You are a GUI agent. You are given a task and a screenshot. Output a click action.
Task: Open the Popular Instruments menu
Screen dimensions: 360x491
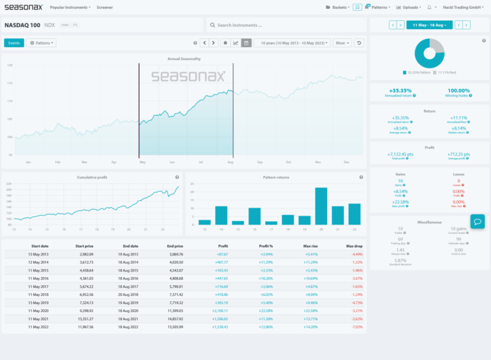[x=69, y=7]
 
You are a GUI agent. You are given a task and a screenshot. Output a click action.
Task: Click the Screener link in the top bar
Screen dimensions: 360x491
[x=105, y=7]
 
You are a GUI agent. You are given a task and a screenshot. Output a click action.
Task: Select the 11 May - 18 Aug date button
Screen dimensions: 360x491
[x=429, y=25]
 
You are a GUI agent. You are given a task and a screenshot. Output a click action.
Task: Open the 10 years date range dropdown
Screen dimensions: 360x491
[x=292, y=42]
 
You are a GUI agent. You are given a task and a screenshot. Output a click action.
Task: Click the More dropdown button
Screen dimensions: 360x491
[x=342, y=42]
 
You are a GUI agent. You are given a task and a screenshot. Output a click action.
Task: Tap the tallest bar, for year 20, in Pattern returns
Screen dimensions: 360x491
[x=321, y=206]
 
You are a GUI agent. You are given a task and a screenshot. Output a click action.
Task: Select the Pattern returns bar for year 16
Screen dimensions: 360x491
[x=254, y=216]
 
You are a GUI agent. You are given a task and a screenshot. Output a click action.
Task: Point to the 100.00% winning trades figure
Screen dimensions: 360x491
[x=459, y=90]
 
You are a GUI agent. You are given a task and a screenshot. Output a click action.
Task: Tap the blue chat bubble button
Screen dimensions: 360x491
[x=477, y=221]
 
